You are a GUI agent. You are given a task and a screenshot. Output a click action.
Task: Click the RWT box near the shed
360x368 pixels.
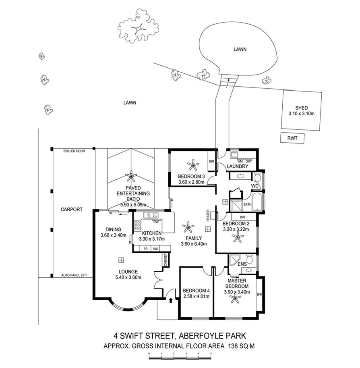(x=292, y=138)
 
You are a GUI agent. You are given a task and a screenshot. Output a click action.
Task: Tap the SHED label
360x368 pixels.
(x=301, y=108)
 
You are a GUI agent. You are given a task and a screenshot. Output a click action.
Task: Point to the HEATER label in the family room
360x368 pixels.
(x=208, y=215)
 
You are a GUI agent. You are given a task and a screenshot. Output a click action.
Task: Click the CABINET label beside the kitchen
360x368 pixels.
(x=166, y=259)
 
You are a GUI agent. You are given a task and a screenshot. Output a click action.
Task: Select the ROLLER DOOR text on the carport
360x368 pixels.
(x=72, y=151)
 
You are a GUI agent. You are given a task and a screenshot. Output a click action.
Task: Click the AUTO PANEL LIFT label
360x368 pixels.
(x=74, y=275)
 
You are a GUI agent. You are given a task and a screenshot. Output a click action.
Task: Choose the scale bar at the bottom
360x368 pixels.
(x=180, y=356)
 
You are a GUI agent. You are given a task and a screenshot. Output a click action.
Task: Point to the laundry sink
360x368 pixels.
(x=234, y=154)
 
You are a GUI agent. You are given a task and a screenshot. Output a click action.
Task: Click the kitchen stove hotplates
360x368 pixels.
(x=137, y=225)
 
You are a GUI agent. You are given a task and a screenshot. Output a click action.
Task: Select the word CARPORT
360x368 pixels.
(x=71, y=210)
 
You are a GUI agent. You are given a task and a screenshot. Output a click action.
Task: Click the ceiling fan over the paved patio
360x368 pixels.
(x=131, y=176)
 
